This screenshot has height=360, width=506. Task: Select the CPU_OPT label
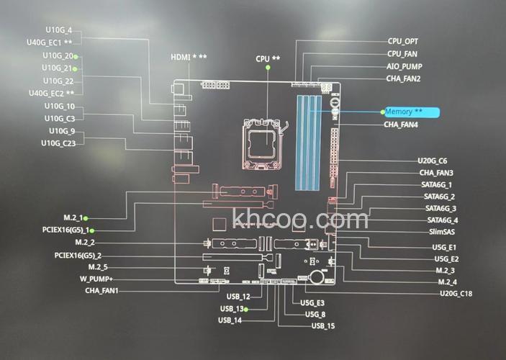(402, 41)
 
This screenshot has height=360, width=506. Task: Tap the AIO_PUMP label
(404, 66)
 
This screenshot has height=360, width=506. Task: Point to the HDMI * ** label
(189, 57)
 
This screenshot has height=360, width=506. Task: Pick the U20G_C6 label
(433, 161)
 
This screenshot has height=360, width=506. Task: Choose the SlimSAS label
(441, 232)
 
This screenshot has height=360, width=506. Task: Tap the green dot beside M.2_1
(86, 217)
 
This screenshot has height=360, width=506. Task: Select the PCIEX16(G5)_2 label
(78, 255)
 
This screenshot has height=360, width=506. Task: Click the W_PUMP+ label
(96, 279)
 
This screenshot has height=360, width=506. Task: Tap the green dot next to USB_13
(245, 309)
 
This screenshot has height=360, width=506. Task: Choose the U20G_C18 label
(456, 293)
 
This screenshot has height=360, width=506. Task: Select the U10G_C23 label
(58, 143)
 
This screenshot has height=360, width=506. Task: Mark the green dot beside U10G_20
(75, 56)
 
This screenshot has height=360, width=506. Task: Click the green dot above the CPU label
(268, 67)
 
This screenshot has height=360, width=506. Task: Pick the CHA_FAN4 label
(401, 125)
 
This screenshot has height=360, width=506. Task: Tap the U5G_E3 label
(312, 303)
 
